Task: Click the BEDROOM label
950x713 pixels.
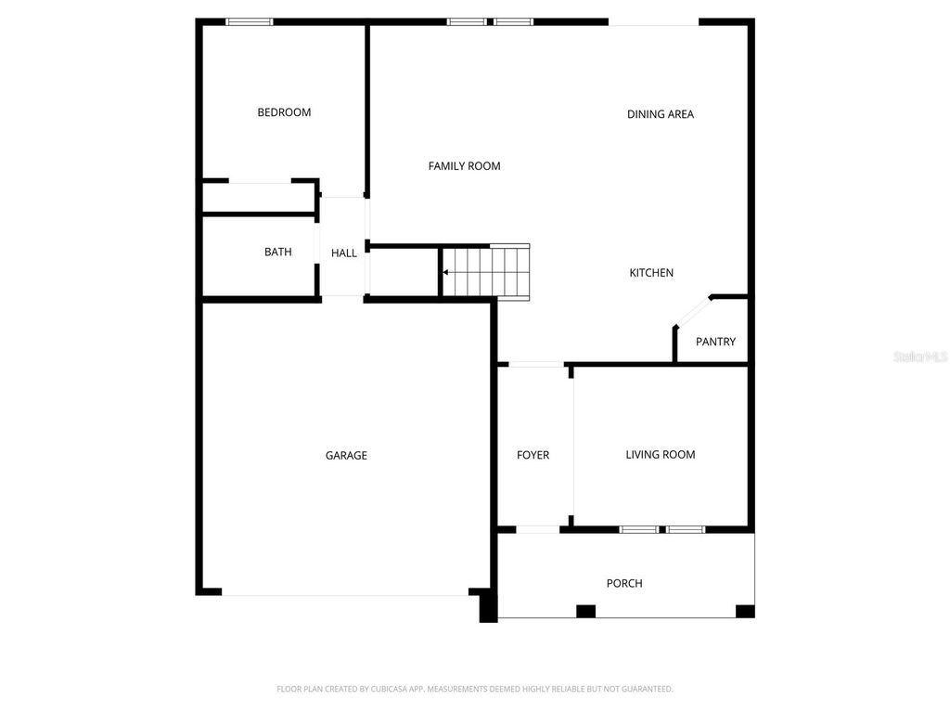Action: click(x=284, y=112)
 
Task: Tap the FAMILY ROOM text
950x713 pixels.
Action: click(x=464, y=166)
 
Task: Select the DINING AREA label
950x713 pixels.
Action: click(x=661, y=114)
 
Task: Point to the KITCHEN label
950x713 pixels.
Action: click(x=651, y=273)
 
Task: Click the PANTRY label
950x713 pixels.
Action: click(x=715, y=342)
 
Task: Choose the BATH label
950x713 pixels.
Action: click(x=277, y=252)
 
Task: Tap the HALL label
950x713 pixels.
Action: click(x=344, y=253)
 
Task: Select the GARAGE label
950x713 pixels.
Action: click(x=346, y=455)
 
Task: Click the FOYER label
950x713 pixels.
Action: click(x=533, y=455)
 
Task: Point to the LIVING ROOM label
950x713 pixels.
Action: click(x=660, y=454)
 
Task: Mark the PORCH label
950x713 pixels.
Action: click(x=624, y=583)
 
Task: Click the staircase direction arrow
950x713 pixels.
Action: click(x=447, y=272)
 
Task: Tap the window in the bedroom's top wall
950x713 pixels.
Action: click(x=250, y=21)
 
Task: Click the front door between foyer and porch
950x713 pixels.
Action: click(x=538, y=529)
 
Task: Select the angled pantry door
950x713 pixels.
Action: click(x=692, y=312)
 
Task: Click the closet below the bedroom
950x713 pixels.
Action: click(x=259, y=198)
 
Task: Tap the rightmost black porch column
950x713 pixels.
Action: click(x=745, y=611)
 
